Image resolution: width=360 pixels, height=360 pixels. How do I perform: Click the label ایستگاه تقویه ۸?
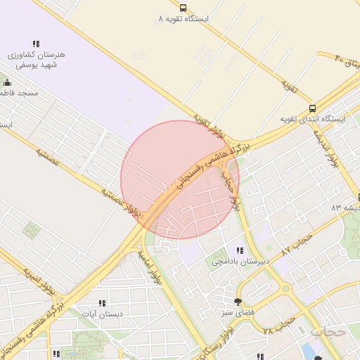point(184,18)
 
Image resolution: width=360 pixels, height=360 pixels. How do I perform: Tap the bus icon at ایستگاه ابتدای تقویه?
point(311,108)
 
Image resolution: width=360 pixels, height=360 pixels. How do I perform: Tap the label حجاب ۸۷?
point(295,243)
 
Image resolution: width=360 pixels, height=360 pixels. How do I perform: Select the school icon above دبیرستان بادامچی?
point(240,250)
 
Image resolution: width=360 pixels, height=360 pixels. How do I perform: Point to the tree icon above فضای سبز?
point(237,300)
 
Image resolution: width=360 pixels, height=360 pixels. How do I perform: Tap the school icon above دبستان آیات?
point(102,303)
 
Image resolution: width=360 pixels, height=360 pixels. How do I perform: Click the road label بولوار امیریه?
point(39,280)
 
